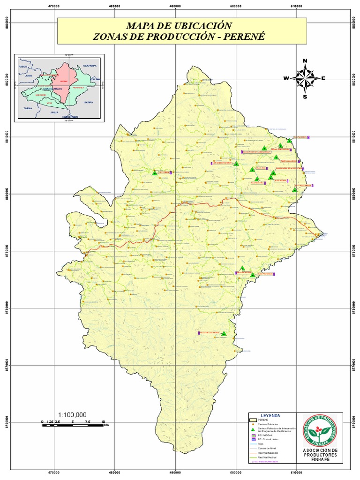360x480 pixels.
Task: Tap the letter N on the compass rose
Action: click(x=305, y=61)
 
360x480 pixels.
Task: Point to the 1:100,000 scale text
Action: click(x=73, y=415)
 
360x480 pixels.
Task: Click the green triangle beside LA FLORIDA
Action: click(x=155, y=173)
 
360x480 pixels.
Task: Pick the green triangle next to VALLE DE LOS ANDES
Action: click(x=224, y=334)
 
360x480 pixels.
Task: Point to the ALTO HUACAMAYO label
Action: click(x=302, y=186)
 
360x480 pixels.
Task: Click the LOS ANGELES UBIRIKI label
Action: click(x=222, y=163)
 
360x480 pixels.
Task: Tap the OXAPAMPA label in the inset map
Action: click(x=89, y=66)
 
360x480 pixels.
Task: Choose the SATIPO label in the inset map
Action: click(x=89, y=101)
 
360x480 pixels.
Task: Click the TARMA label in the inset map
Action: click(x=28, y=108)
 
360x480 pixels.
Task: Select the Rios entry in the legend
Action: click(x=261, y=443)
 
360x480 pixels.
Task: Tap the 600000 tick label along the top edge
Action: click(x=236, y=6)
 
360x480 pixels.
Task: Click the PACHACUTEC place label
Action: click(x=257, y=183)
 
